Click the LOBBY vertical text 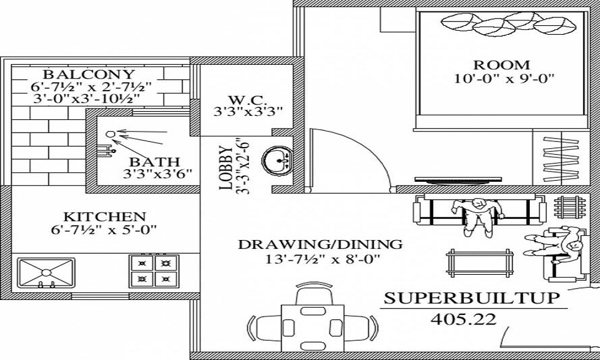(226, 167)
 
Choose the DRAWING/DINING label (320, 245)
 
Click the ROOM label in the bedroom (502, 65)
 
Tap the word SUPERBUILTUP (472, 298)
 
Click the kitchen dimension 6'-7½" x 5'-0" (105, 229)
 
